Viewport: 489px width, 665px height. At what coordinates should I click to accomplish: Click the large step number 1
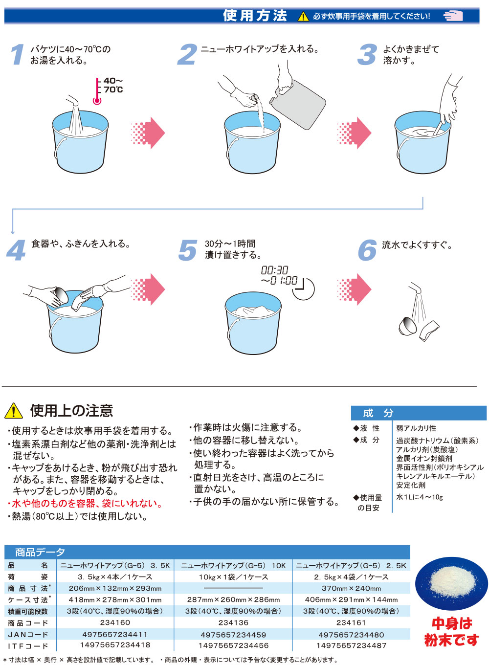point(17,54)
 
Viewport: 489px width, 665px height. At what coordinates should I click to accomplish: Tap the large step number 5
point(188,250)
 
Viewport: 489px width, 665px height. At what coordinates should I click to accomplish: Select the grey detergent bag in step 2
point(298,104)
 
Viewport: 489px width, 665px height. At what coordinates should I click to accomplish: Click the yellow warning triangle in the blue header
point(303,16)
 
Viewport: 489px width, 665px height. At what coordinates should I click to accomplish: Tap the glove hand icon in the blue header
point(453,16)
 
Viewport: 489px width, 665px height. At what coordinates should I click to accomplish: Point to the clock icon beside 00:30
point(303,289)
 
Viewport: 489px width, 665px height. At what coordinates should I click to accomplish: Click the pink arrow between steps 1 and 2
point(148,133)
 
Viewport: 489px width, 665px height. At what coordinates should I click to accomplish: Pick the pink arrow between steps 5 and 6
point(354,289)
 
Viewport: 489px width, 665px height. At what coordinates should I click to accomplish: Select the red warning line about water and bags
point(85,503)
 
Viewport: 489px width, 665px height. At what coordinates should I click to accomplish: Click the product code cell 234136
point(233,622)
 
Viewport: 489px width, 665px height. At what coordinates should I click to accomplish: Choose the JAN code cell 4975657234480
point(351,635)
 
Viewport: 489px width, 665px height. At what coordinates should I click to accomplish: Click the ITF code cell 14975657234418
point(115,645)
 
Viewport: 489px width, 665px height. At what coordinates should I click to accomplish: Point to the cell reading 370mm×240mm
point(351,588)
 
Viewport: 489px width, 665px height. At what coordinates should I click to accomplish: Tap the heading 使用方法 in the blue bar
point(255,16)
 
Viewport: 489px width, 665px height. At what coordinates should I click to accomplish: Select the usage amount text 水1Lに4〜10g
point(419,497)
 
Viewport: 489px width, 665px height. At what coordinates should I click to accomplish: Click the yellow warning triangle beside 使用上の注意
point(14,411)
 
